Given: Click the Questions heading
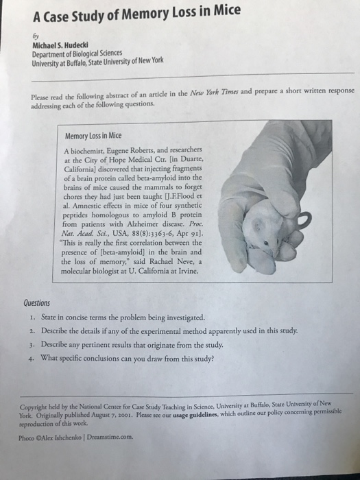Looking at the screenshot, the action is click(x=36, y=302).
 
